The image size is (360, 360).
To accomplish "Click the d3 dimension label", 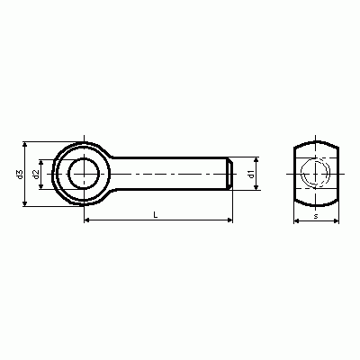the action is tap(20, 175).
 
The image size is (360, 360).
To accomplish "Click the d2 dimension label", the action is tap(36, 175).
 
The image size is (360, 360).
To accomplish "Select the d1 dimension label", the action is tap(251, 174).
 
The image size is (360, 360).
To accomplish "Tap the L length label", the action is tap(156, 214).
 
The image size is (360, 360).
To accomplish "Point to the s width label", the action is tap(316, 216).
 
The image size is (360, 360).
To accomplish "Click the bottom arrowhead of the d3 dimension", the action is tap(25, 203).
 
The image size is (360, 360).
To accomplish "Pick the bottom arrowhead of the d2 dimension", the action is tap(41, 186).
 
